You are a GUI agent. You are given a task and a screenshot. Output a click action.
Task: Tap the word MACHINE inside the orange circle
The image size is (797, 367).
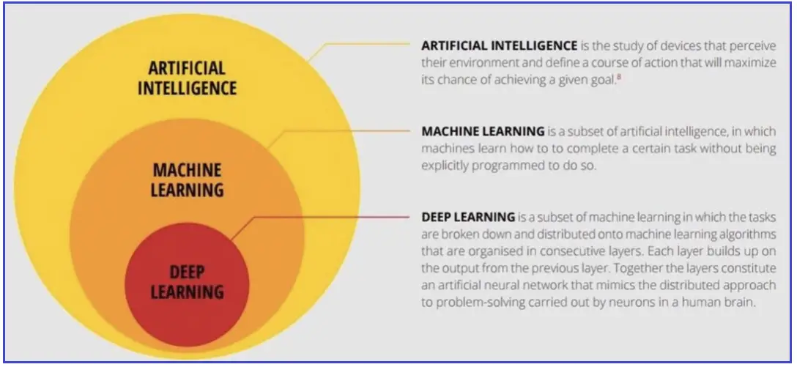[187, 170]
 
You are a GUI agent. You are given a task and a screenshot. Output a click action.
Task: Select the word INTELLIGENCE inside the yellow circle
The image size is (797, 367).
[187, 87]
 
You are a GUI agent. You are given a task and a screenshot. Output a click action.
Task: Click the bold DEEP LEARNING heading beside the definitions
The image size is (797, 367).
[468, 217]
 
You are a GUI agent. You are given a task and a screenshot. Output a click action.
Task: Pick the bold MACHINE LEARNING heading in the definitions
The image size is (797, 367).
[483, 131]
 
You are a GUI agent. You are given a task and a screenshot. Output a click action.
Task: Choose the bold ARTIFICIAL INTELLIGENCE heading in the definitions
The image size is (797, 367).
[500, 45]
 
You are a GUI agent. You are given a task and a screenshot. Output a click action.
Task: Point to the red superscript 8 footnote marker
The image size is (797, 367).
[618, 77]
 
